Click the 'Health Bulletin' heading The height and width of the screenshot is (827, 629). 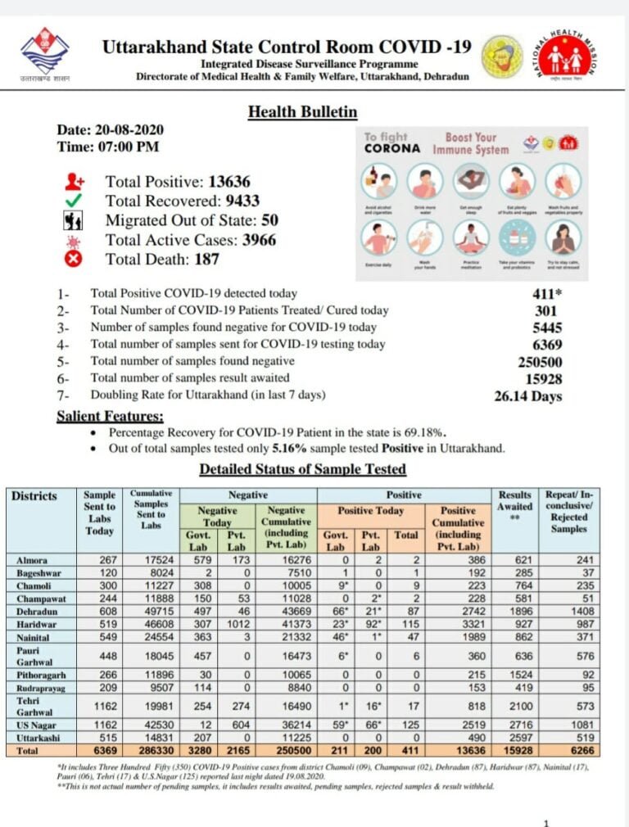(302, 112)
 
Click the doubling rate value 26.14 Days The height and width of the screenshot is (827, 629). (528, 396)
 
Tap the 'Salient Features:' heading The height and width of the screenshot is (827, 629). (110, 416)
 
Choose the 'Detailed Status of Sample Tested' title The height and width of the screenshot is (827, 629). (302, 469)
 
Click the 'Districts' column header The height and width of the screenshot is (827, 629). (34, 495)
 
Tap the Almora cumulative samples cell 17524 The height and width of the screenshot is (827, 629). (151, 559)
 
